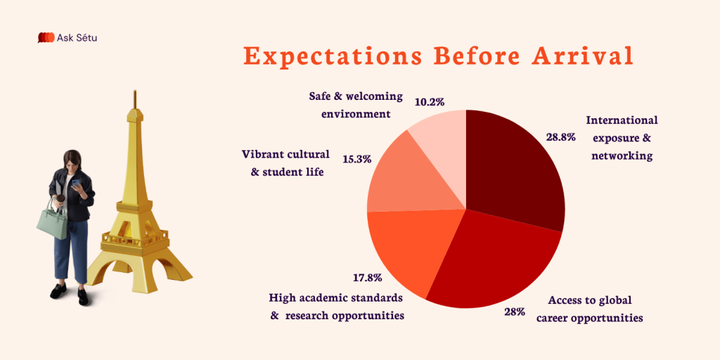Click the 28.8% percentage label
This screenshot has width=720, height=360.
pyautogui.click(x=560, y=137)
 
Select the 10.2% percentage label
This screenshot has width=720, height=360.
pyautogui.click(x=430, y=102)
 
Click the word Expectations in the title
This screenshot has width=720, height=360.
pyautogui.click(x=323, y=56)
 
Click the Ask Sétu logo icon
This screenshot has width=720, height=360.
pyautogui.click(x=46, y=38)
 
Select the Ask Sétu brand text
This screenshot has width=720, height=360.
pyautogui.click(x=79, y=38)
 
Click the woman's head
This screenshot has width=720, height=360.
pyautogui.click(x=72, y=160)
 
